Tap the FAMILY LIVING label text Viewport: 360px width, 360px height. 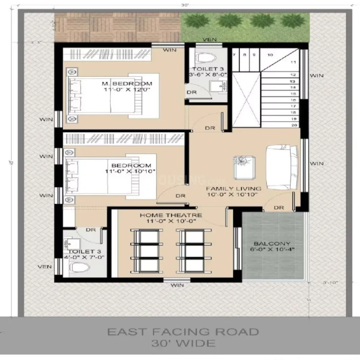(x=233, y=189)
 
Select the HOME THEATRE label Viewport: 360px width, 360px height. (x=171, y=215)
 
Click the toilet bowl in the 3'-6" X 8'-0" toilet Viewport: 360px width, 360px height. (x=206, y=57)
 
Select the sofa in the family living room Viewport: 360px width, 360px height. (x=282, y=167)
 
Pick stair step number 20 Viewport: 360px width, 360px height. (x=293, y=125)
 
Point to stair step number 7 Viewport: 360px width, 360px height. (x=234, y=55)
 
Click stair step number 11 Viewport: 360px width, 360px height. (x=293, y=62)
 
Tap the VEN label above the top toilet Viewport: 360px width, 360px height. (x=210, y=40)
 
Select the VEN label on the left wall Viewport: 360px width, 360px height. (x=45, y=267)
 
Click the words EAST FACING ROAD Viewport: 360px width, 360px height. (x=183, y=332)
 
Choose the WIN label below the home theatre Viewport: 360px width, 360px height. (x=177, y=285)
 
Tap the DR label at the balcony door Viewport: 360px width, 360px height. (x=279, y=208)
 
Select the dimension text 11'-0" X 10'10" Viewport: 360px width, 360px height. (x=130, y=171)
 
